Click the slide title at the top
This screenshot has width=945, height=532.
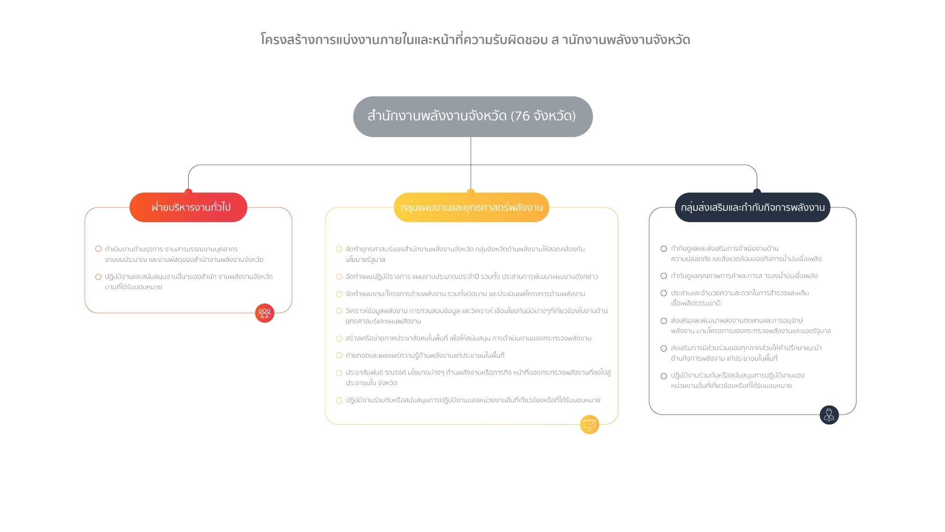[475, 39]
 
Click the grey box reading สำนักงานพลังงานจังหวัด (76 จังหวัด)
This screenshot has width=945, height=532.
[473, 116]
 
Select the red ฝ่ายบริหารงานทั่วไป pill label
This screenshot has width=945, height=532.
[188, 207]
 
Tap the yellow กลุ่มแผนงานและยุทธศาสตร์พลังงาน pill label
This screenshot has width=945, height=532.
[471, 207]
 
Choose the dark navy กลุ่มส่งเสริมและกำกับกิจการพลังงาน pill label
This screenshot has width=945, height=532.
[753, 207]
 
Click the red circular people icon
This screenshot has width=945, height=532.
[265, 313]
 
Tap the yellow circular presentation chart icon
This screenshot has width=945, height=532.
[590, 424]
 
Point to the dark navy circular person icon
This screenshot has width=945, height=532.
[829, 415]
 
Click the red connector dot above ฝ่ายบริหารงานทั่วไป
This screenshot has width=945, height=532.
[188, 192]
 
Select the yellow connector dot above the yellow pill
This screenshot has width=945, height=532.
[471, 192]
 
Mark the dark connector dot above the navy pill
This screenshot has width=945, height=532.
[757, 192]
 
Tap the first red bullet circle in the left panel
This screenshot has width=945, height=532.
[98, 249]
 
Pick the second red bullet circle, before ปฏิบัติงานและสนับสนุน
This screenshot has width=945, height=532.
[98, 277]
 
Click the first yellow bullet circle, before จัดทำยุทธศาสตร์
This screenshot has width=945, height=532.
[339, 249]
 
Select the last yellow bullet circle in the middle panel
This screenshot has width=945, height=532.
[339, 400]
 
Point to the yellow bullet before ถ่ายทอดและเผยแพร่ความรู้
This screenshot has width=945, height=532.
[339, 356]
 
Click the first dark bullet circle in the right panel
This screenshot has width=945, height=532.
[664, 249]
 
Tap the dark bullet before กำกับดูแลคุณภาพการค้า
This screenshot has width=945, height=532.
[664, 276]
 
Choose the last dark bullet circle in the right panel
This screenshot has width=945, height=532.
[664, 376]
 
